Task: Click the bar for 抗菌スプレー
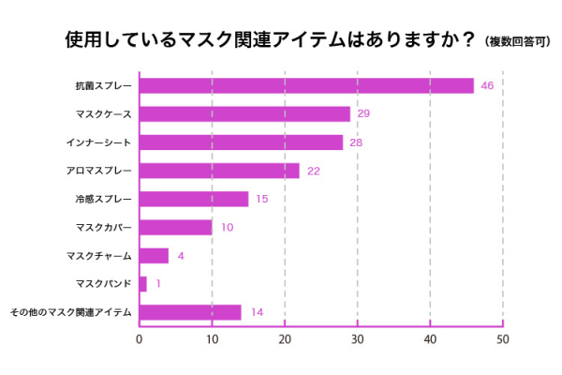coord(306,85)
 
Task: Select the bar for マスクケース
coord(244,113)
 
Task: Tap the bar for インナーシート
coord(241,142)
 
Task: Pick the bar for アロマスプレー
coord(219,171)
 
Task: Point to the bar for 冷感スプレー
coord(194,199)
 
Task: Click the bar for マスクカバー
coord(176,227)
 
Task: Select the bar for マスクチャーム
coord(154,255)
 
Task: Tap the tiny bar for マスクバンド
coord(143,283)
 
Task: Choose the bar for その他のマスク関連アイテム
coord(190,312)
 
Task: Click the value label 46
coord(487,85)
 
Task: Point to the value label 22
coord(314,171)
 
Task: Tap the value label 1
coord(158,283)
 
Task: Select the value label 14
coord(256,312)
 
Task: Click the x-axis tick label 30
coord(357,339)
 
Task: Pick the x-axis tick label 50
coord(502,339)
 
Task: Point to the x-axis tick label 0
coord(140,339)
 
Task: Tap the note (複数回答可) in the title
coord(519,42)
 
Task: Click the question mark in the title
coord(467,40)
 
